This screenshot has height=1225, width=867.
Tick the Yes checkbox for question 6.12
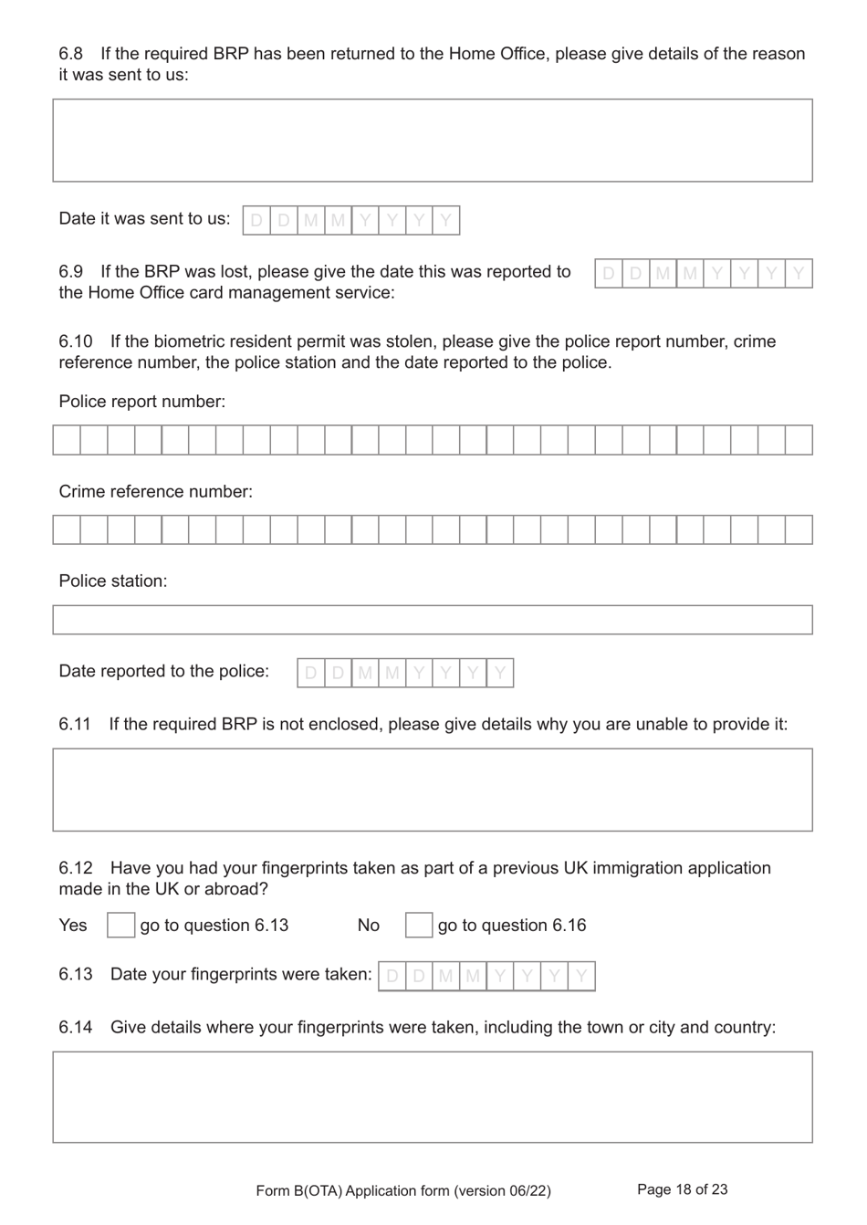(x=120, y=925)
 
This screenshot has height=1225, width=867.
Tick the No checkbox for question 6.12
(x=418, y=925)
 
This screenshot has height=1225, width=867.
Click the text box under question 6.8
(x=433, y=141)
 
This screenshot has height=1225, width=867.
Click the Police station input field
(x=433, y=620)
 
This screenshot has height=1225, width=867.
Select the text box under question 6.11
(x=433, y=790)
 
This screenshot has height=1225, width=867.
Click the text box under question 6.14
(x=433, y=1096)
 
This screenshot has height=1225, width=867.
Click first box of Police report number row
(x=67, y=440)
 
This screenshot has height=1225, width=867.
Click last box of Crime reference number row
(x=799, y=529)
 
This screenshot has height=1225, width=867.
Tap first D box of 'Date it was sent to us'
(x=256, y=220)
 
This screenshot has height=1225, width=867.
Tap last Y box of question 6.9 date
(x=799, y=273)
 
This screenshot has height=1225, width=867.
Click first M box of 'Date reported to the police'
(x=365, y=673)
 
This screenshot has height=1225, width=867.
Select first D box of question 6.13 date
(x=392, y=976)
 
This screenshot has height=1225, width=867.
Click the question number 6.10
(x=76, y=341)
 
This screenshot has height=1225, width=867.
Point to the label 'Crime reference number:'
(x=155, y=491)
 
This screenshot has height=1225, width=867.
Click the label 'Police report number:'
(x=141, y=402)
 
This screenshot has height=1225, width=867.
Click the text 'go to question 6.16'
(x=512, y=925)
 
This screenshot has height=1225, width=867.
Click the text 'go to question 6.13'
(x=214, y=925)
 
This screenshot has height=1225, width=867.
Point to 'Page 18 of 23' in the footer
(x=682, y=1189)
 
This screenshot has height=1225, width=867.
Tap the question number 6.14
(x=76, y=1027)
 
